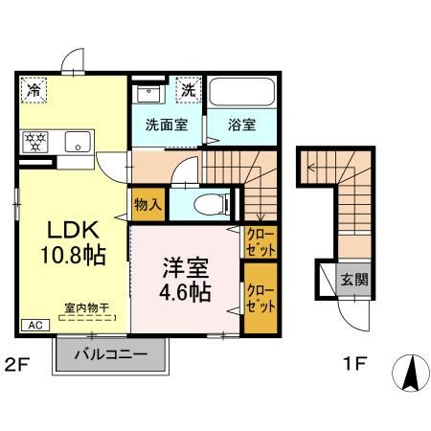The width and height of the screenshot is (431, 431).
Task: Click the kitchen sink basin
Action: pyautogui.click(x=76, y=143)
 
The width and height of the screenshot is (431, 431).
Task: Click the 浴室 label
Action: pyautogui.click(x=241, y=124)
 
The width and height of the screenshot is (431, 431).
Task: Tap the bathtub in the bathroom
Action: pyautogui.click(x=241, y=93)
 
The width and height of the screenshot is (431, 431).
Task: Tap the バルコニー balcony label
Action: pyautogui.click(x=112, y=353)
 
